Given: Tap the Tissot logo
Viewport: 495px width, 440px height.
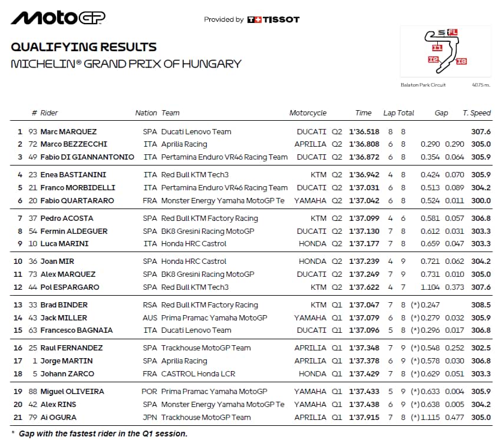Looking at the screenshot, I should pyautogui.click(x=273, y=19).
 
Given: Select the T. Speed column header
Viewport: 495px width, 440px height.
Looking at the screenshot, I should pyautogui.click(x=476, y=113).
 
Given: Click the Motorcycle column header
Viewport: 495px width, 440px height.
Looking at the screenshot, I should pyautogui.click(x=308, y=113).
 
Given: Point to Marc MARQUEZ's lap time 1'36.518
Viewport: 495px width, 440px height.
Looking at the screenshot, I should pyautogui.click(x=364, y=132).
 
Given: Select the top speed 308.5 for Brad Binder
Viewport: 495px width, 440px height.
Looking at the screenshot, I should pyautogui.click(x=481, y=305).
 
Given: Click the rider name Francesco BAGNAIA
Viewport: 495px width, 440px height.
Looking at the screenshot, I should pyautogui.click(x=77, y=330).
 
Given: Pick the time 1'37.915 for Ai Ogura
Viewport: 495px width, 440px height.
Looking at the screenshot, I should pyautogui.click(x=364, y=418).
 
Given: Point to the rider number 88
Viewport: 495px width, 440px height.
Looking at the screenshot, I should pyautogui.click(x=32, y=392).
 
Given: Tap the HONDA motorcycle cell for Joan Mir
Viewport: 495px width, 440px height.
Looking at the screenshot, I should pyautogui.click(x=312, y=262).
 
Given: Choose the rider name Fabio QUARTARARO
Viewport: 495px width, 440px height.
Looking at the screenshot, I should pyautogui.click(x=77, y=201).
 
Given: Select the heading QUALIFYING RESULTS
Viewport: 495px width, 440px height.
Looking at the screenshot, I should pyautogui.click(x=84, y=48).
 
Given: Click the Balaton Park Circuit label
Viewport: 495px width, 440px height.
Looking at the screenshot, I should pyautogui.click(x=423, y=85).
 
